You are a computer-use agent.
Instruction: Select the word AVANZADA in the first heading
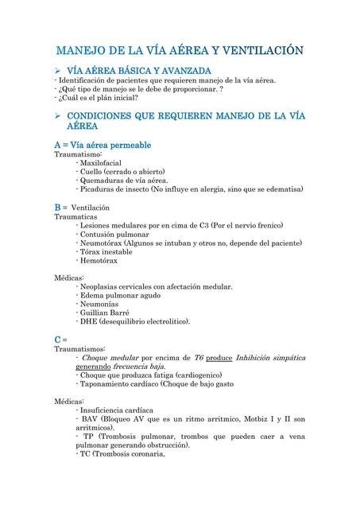click(x=183, y=72)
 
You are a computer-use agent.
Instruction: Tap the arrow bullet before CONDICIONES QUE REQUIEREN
click(x=58, y=117)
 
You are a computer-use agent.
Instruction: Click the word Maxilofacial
click(x=106, y=163)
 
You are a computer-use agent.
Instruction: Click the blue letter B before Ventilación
click(x=57, y=207)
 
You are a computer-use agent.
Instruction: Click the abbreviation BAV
click(x=91, y=418)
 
